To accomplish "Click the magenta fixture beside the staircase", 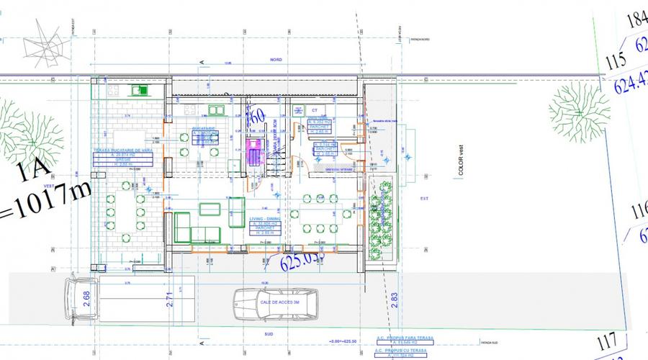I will point(253,152).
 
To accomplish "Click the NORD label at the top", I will point(276,60).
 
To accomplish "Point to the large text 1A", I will point(35,174).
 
